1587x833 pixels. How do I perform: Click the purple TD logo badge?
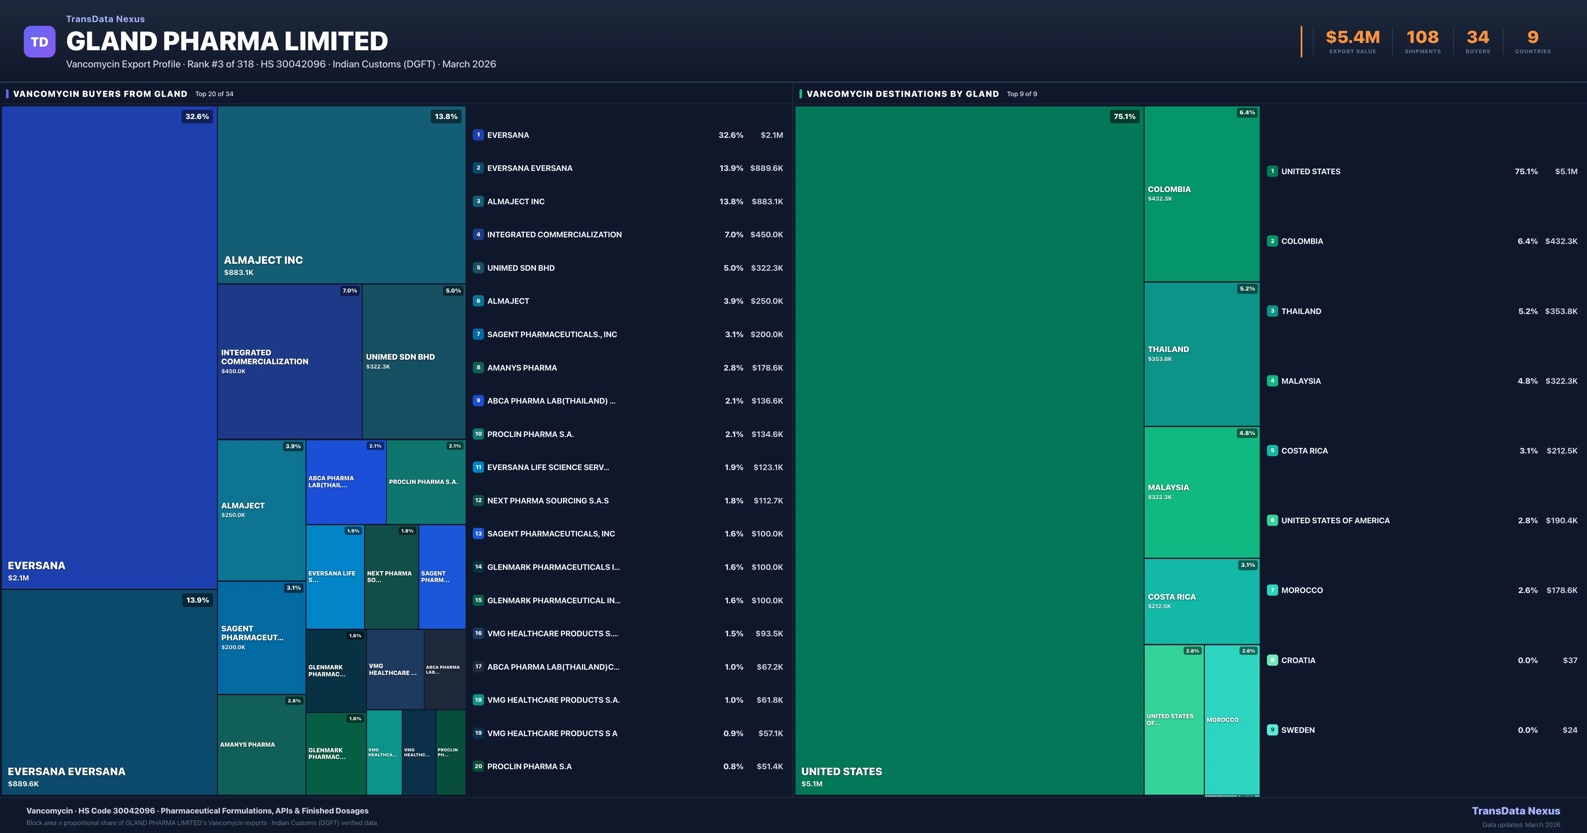(39, 42)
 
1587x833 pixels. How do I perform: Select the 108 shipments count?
(1422, 38)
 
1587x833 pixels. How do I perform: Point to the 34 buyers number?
(1477, 38)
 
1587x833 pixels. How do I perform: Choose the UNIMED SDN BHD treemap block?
(413, 361)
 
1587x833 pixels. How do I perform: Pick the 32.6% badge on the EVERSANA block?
(197, 116)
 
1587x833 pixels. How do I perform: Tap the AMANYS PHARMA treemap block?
(261, 744)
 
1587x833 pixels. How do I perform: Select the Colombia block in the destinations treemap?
(1201, 193)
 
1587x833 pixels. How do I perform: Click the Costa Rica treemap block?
(1201, 601)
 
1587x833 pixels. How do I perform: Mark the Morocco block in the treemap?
(1232, 720)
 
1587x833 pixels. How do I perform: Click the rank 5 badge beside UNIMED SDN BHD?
(478, 268)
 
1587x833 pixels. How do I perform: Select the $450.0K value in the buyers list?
(766, 235)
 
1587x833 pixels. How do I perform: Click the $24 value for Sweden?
(1570, 730)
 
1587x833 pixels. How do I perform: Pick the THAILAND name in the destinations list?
(1301, 311)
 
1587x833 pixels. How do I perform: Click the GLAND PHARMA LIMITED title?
(227, 41)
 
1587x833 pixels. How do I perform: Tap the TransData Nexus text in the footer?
(1516, 811)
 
